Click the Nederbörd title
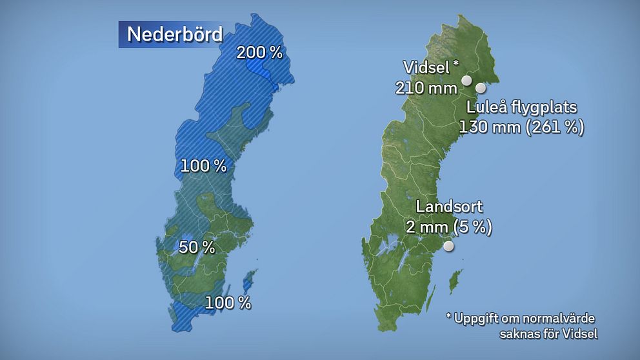point(174,34)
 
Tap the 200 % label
point(259,53)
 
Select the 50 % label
point(197,247)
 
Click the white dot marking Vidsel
point(466,81)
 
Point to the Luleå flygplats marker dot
point(480,88)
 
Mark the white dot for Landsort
point(448,246)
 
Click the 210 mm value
point(426,87)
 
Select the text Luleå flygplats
point(522,107)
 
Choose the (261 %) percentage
point(555,127)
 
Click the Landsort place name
point(449,207)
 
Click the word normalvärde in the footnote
point(562,319)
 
